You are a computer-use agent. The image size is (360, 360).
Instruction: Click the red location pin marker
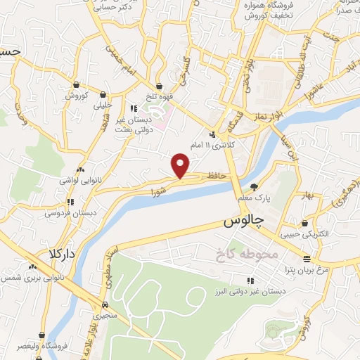pyautogui.click(x=181, y=165)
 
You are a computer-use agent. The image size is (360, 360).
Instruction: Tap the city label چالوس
pyautogui.click(x=243, y=221)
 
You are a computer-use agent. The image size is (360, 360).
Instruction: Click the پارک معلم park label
pyautogui.click(x=255, y=198)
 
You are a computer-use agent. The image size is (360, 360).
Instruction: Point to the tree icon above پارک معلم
pyautogui.click(x=254, y=187)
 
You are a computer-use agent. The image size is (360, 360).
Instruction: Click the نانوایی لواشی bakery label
pyautogui.click(x=80, y=181)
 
